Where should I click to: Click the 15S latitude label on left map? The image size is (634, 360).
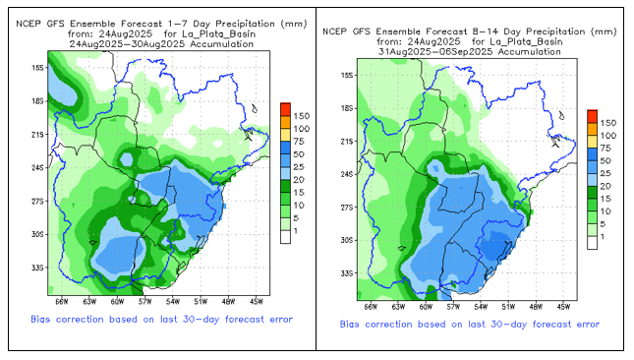pyautogui.click(x=37, y=68)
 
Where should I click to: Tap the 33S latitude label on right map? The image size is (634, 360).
pyautogui.click(x=347, y=273)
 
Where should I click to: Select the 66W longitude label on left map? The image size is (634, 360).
pyautogui.click(x=62, y=302)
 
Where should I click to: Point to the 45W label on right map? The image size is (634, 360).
pyautogui.click(x=563, y=307)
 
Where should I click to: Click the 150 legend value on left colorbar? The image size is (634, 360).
pyautogui.click(x=301, y=116)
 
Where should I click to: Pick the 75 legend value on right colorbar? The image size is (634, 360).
pyautogui.click(x=605, y=149)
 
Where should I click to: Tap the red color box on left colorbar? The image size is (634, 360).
pyautogui.click(x=285, y=109)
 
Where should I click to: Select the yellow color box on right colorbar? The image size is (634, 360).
pyautogui.click(x=593, y=142)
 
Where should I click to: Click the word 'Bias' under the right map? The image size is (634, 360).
pyautogui.click(x=350, y=325)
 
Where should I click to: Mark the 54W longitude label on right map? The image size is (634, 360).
pyautogui.click(x=481, y=307)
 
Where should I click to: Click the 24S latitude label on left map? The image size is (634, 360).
pyautogui.click(x=37, y=167)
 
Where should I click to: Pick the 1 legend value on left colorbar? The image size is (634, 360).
pyautogui.click(x=296, y=231)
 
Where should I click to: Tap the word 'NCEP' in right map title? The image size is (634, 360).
pyautogui.click(x=335, y=31)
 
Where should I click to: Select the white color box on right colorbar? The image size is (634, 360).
pyautogui.click(x=593, y=243)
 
